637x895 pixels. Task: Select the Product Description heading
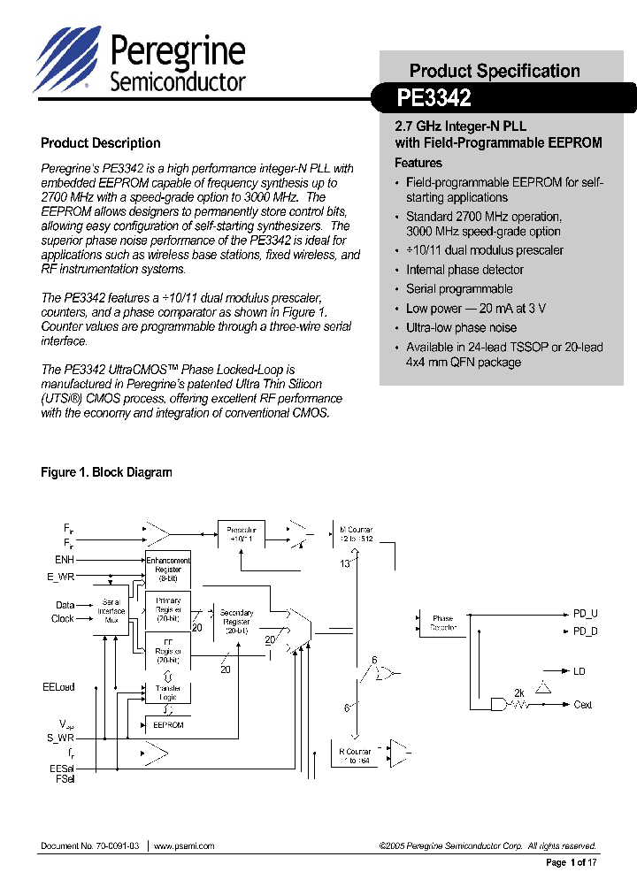tap(101, 143)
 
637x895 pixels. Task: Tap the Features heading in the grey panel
tap(418, 163)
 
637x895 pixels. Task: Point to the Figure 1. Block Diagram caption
tap(106, 472)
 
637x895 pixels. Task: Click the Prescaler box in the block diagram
tap(241, 533)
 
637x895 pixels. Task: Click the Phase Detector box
tap(443, 623)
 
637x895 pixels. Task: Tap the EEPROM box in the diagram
tap(168, 724)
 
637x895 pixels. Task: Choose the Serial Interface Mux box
tap(111, 611)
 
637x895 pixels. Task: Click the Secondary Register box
tap(236, 622)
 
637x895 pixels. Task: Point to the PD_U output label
tap(586, 613)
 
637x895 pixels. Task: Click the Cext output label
tap(583, 705)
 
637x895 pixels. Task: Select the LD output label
tap(579, 671)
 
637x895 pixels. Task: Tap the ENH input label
tap(65, 560)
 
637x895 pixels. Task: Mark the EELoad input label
tap(58, 686)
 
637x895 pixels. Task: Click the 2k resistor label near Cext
tap(519, 692)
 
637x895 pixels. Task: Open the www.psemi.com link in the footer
tap(184, 846)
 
